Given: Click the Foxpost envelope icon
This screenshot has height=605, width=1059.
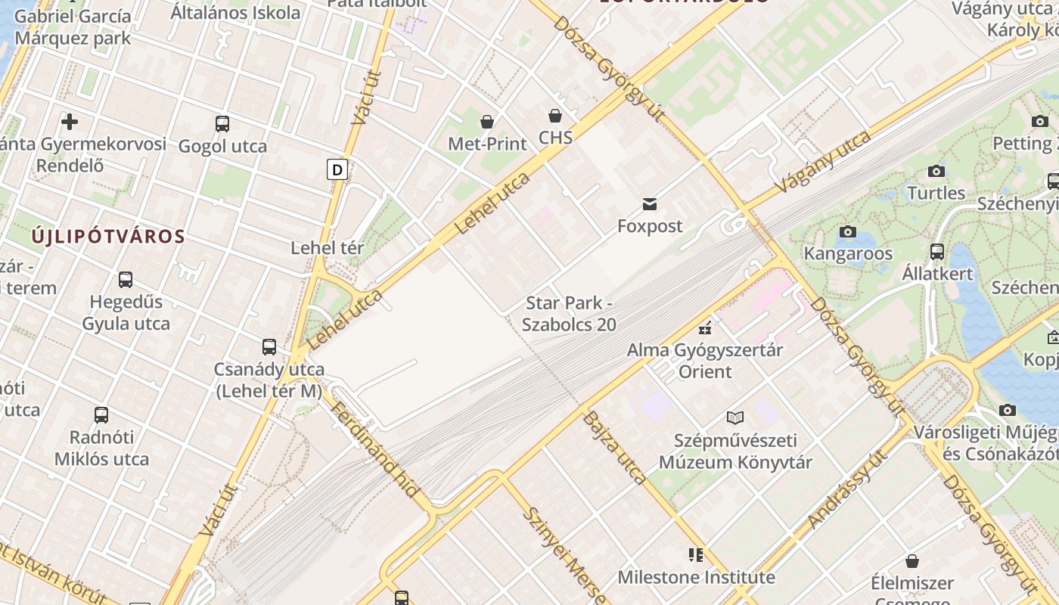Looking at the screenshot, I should [x=650, y=203].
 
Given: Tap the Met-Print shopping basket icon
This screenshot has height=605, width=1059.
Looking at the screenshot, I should [x=487, y=121].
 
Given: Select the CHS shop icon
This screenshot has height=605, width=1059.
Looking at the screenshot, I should [x=555, y=116].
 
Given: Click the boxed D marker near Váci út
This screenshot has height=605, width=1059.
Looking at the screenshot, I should [x=337, y=169].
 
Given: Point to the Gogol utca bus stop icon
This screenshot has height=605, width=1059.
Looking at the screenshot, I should [x=222, y=123].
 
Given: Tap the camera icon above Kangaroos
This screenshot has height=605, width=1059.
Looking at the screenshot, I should [x=847, y=231].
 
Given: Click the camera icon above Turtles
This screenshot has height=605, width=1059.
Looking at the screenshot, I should [x=936, y=171].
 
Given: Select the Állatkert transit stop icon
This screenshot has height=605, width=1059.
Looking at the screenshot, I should [x=937, y=251].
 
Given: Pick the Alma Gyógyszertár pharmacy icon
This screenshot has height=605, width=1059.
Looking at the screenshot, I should [x=705, y=327].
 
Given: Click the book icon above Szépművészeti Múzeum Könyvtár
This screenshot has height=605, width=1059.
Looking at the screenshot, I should [x=734, y=417].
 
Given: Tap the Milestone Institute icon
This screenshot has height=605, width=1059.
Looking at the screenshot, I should [x=696, y=555].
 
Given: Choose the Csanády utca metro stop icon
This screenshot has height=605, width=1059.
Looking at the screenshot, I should [x=269, y=347].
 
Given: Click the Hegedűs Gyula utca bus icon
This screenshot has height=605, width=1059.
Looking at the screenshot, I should [x=126, y=280].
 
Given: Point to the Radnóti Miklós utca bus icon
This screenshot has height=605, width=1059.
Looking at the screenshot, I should [x=101, y=414].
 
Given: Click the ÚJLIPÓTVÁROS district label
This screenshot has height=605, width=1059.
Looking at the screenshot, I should [x=108, y=236].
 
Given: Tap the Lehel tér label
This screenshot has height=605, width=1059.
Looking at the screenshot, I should [x=328, y=247].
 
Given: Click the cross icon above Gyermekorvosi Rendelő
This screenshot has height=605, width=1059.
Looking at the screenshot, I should [x=70, y=122].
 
